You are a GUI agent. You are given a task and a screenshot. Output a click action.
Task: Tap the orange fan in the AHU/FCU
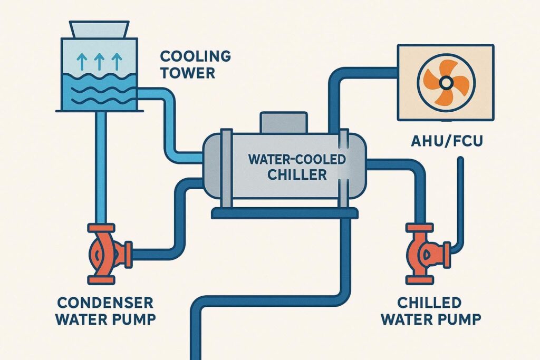point(445,82)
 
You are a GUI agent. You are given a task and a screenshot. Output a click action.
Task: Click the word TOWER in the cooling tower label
point(188,72)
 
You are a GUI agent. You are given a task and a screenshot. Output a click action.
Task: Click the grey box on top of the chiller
point(283,122)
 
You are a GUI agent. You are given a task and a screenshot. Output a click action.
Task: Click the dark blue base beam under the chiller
point(285,213)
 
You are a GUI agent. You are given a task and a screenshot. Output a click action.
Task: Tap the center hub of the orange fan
point(445,82)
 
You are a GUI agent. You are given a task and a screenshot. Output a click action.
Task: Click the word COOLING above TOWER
point(188,56)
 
